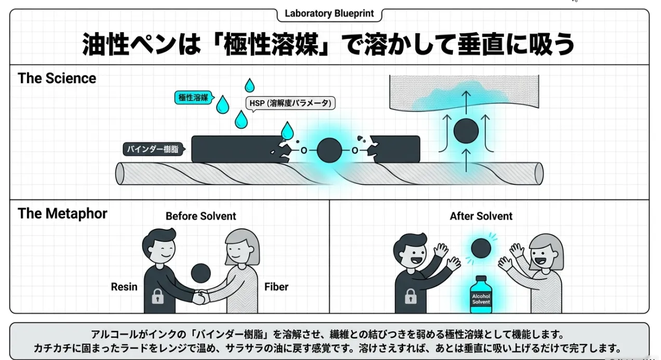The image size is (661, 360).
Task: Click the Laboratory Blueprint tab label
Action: click(x=329, y=14)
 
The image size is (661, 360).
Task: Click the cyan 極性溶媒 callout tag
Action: click(x=193, y=97)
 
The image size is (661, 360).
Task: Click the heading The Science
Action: click(x=57, y=78)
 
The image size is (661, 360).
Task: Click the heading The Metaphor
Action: click(x=62, y=214)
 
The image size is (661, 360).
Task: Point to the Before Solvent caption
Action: click(x=200, y=216)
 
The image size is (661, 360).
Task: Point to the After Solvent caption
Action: click(x=481, y=216)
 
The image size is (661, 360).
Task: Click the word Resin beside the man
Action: click(x=124, y=287)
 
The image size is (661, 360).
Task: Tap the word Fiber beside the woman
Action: click(x=276, y=287)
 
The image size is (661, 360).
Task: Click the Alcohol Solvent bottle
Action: click(x=480, y=296)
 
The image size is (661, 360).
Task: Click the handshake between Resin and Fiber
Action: click(x=200, y=297)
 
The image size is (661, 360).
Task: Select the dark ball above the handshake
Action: click(x=200, y=272)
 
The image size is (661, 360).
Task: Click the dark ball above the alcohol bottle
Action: click(x=480, y=248)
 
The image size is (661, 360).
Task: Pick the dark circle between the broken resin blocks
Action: click(x=329, y=151)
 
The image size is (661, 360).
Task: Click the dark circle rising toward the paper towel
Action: click(x=466, y=132)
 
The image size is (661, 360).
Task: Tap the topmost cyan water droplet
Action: click(x=250, y=85)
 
